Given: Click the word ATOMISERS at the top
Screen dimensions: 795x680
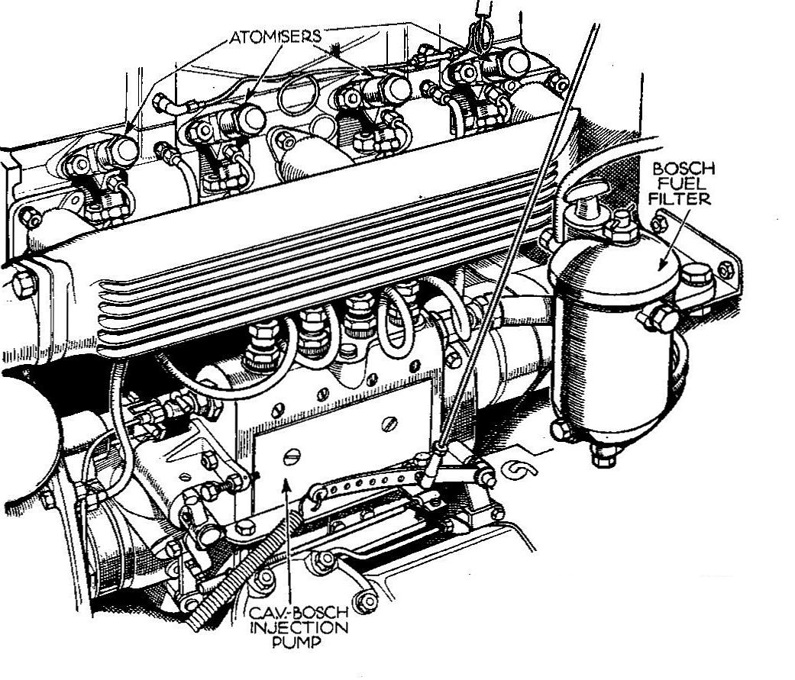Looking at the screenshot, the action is [275, 37].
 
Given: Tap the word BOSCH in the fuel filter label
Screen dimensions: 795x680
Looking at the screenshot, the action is [683, 168].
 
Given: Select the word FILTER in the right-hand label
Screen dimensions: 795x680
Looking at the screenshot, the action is [680, 198].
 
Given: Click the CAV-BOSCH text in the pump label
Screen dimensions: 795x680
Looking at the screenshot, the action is [299, 613].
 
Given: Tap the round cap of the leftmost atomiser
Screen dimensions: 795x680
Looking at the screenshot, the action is [124, 150].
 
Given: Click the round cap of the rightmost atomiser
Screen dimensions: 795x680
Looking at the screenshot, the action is [515, 63].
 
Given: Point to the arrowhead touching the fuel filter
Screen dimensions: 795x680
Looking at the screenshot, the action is [662, 263].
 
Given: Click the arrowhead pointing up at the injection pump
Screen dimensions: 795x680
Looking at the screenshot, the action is [287, 484].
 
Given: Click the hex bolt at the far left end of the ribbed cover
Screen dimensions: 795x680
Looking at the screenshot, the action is [23, 285].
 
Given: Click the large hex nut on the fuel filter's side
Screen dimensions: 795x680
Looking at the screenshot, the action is [661, 317].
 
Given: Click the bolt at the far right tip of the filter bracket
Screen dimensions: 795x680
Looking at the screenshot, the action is [726, 270].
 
